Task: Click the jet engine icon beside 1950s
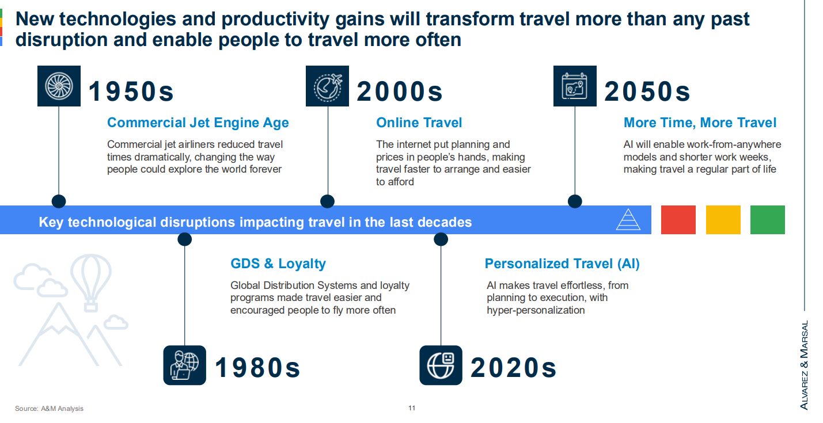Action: coord(59,86)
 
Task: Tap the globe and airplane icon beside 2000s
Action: coord(327,86)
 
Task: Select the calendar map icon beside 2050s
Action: coord(575,86)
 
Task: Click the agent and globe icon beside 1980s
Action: coord(184,365)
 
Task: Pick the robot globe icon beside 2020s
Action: coord(441,365)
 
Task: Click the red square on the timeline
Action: coord(678,220)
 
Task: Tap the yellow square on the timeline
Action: coord(723,220)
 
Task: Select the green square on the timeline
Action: coord(768,220)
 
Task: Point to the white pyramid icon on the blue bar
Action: coord(628,220)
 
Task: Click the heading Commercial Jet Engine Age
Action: coord(198,123)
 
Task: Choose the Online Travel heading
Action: coord(419,123)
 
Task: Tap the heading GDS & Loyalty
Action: coord(278,264)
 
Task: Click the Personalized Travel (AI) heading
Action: coord(562,264)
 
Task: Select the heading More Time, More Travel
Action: coord(700,123)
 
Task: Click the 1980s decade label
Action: coord(257,368)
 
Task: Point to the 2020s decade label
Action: coord(513,368)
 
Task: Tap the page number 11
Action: coord(412,408)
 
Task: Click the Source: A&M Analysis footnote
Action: coord(49,408)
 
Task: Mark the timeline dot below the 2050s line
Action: coord(575,201)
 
